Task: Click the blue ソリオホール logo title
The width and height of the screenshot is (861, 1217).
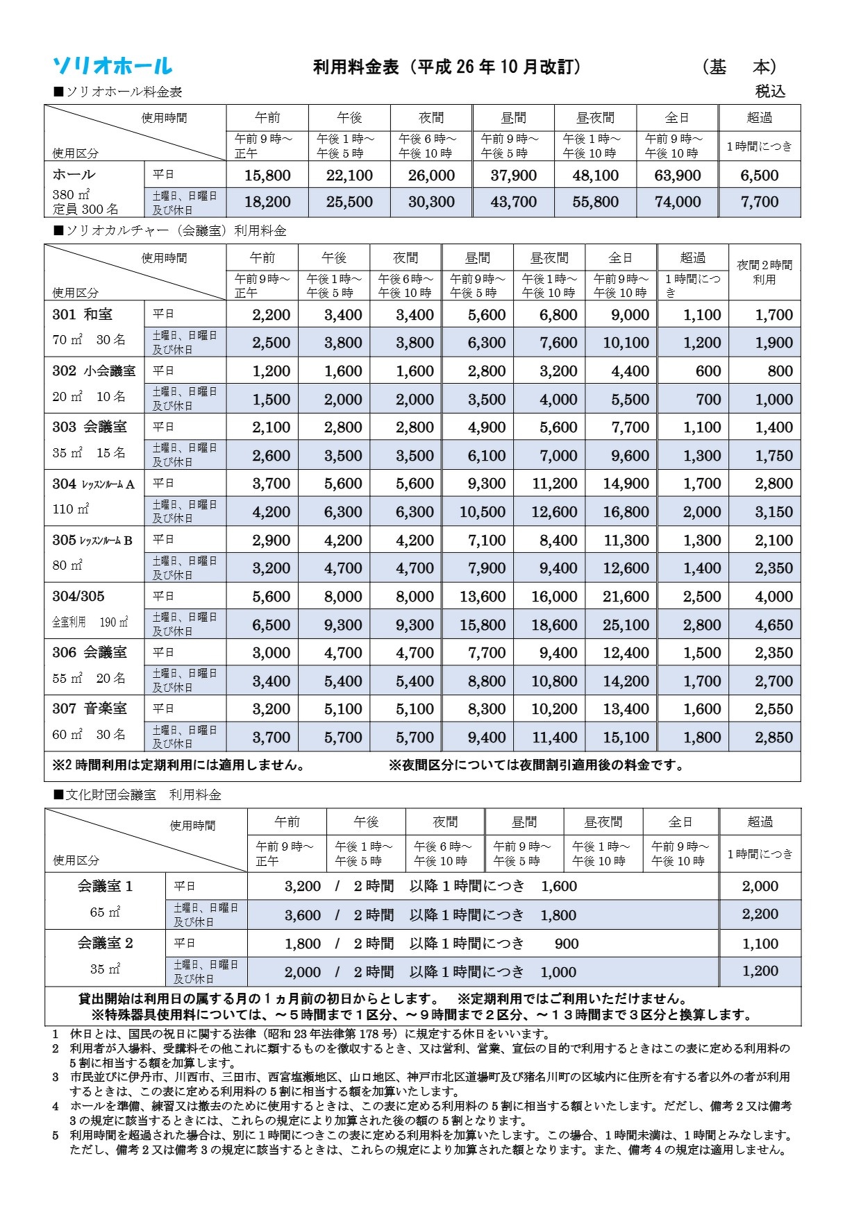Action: click(112, 66)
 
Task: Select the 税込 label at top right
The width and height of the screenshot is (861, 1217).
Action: click(770, 91)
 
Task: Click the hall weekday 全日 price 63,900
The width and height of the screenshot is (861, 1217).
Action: click(677, 176)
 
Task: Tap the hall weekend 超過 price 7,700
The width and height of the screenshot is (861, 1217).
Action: click(759, 202)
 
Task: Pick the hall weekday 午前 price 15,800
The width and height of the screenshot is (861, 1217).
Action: click(267, 176)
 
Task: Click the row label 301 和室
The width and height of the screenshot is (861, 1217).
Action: click(82, 314)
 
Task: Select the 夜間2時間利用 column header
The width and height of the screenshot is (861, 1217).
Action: click(764, 272)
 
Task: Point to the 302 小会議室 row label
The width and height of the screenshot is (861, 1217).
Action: click(94, 371)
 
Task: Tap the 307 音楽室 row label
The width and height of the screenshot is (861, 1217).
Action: click(90, 708)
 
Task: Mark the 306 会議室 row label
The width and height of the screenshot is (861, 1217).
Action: click(90, 652)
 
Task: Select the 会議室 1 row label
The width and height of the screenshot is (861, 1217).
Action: click(105, 886)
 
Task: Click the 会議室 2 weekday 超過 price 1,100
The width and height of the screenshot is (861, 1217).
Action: click(760, 944)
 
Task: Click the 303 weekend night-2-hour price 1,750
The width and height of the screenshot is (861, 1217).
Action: click(774, 456)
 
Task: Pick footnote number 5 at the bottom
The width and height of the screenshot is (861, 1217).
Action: click(56, 1135)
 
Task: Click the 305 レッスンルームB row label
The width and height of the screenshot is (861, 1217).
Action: click(92, 540)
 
